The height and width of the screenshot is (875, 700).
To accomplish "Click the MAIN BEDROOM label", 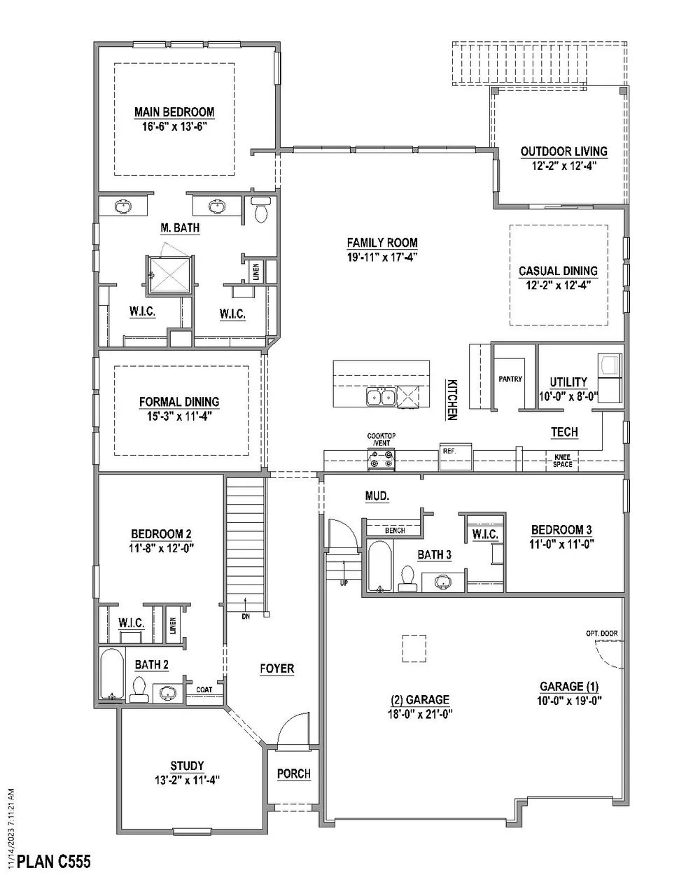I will (174, 112).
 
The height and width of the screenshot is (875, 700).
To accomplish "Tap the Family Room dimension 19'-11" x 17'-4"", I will (382, 256).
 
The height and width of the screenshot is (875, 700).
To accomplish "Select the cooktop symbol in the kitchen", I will (381, 459).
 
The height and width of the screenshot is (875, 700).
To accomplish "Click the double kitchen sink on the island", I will (381, 398).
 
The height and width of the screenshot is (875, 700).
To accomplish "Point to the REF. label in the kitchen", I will (449, 451).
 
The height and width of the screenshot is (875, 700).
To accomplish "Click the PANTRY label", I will (510, 379).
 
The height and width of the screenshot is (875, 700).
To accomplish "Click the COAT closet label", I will (204, 689).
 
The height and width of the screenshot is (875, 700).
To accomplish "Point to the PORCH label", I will (293, 773).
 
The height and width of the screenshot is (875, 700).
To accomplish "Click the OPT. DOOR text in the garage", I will (602, 633).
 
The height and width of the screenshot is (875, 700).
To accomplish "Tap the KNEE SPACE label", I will (562, 461).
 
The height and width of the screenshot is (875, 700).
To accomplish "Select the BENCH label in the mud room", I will (395, 531).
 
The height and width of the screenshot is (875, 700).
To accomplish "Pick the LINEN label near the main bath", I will (256, 271).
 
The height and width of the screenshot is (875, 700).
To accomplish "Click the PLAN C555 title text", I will (53, 860).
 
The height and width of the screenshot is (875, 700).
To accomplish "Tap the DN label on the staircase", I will (245, 617).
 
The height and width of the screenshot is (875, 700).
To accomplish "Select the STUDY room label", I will (187, 766).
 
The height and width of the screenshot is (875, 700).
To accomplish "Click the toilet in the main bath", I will (260, 211).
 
